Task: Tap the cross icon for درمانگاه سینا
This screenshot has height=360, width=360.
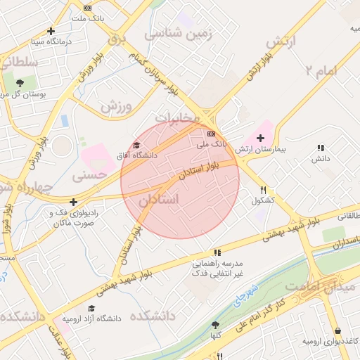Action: click(x=51, y=31)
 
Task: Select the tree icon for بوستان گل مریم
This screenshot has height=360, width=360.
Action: click(x=20, y=83)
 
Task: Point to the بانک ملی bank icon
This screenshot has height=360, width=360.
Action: click(x=212, y=133)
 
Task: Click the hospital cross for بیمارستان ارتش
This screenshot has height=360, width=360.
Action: click(x=260, y=137)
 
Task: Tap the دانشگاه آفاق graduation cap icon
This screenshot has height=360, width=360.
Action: click(x=136, y=144)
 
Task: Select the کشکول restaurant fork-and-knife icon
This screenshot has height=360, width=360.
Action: click(x=264, y=190)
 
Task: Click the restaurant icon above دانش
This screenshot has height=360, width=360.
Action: click(x=321, y=148)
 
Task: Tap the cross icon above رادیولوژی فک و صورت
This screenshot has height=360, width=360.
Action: click(x=73, y=202)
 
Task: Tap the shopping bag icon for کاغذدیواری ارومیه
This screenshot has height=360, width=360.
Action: click(x=337, y=330)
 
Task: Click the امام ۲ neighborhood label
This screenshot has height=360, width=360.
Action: click(x=321, y=70)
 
